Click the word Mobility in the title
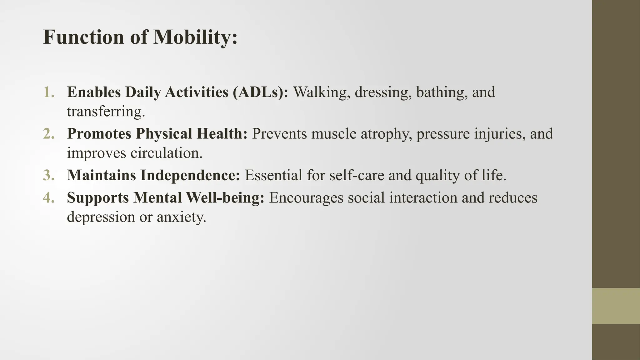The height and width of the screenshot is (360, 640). [195, 37]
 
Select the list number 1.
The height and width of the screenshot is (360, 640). [49, 92]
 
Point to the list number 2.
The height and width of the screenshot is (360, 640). [49, 134]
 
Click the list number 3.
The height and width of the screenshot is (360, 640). [49, 175]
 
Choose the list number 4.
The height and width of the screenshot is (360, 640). [49, 198]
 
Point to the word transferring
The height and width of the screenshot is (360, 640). [106, 112]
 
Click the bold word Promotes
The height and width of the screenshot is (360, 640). [99, 134]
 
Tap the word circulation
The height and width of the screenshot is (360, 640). [166, 153]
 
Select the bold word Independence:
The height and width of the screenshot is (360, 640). [190, 175]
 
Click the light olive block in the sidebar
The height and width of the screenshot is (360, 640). [616, 306]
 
